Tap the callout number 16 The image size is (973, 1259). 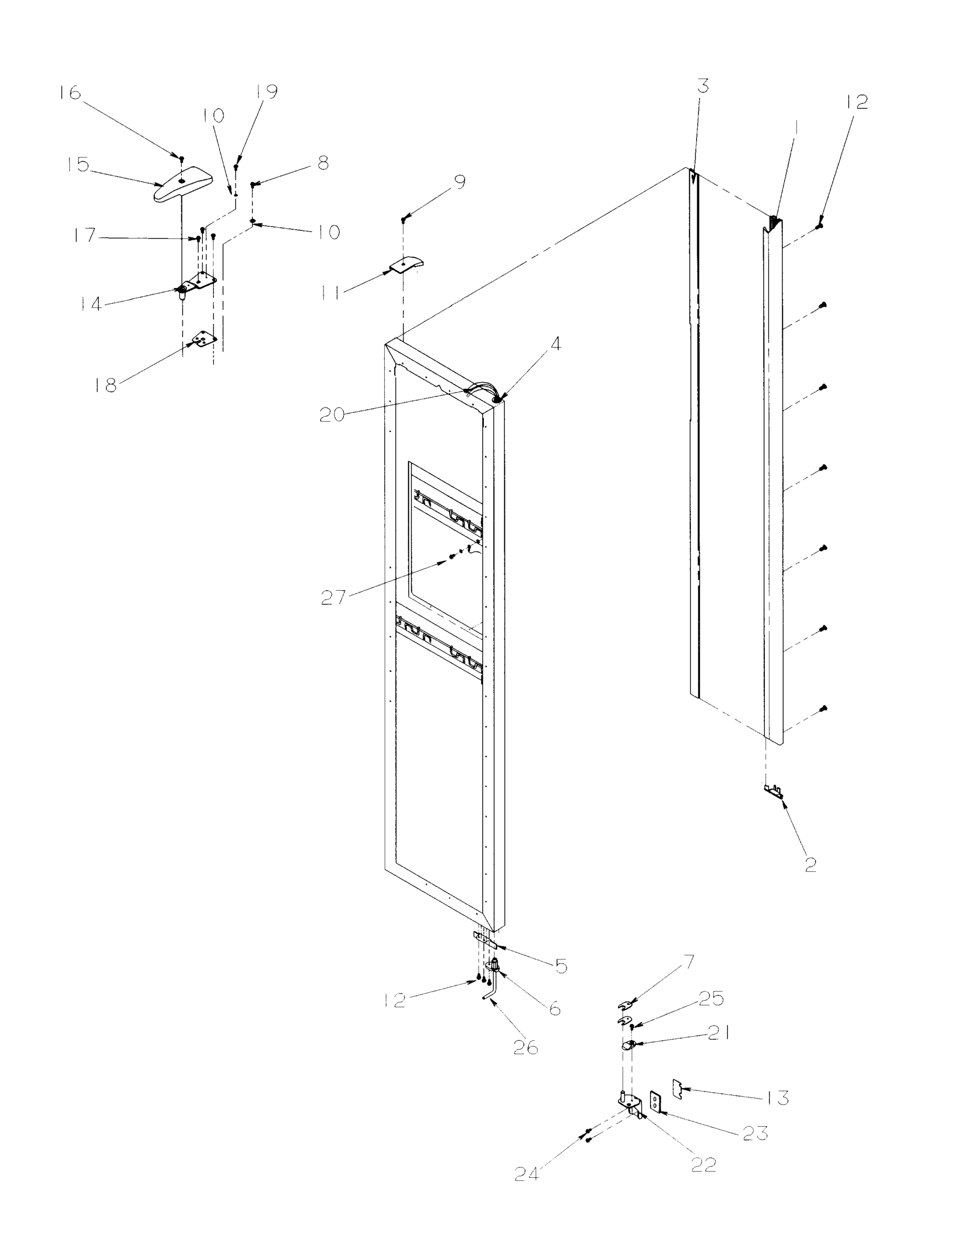coord(70,93)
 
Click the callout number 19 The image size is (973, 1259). coord(266,92)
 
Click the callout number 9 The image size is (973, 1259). coord(459,182)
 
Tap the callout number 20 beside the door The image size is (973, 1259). coord(332,414)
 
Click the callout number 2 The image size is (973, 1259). coord(810,865)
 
